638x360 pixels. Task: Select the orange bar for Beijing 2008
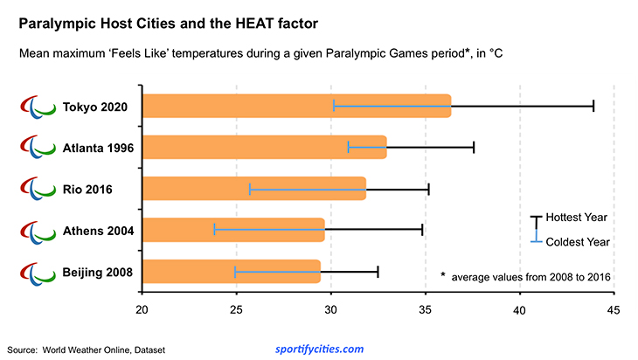[x=231, y=272]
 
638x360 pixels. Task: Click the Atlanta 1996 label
[x=98, y=148]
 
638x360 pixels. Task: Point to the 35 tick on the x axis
[x=426, y=310]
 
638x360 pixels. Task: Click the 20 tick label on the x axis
[x=142, y=310]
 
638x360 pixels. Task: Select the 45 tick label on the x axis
[x=614, y=310]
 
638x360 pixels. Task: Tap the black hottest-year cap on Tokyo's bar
[x=593, y=106]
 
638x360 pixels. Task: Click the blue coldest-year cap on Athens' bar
[x=214, y=231]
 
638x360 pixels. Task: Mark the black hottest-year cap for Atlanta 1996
[x=474, y=147]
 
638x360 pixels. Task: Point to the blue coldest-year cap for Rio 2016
[x=250, y=189]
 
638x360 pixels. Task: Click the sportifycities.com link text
[x=319, y=349]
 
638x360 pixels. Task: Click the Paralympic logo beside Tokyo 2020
[x=37, y=107]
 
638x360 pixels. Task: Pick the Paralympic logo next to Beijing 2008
[x=37, y=273]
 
